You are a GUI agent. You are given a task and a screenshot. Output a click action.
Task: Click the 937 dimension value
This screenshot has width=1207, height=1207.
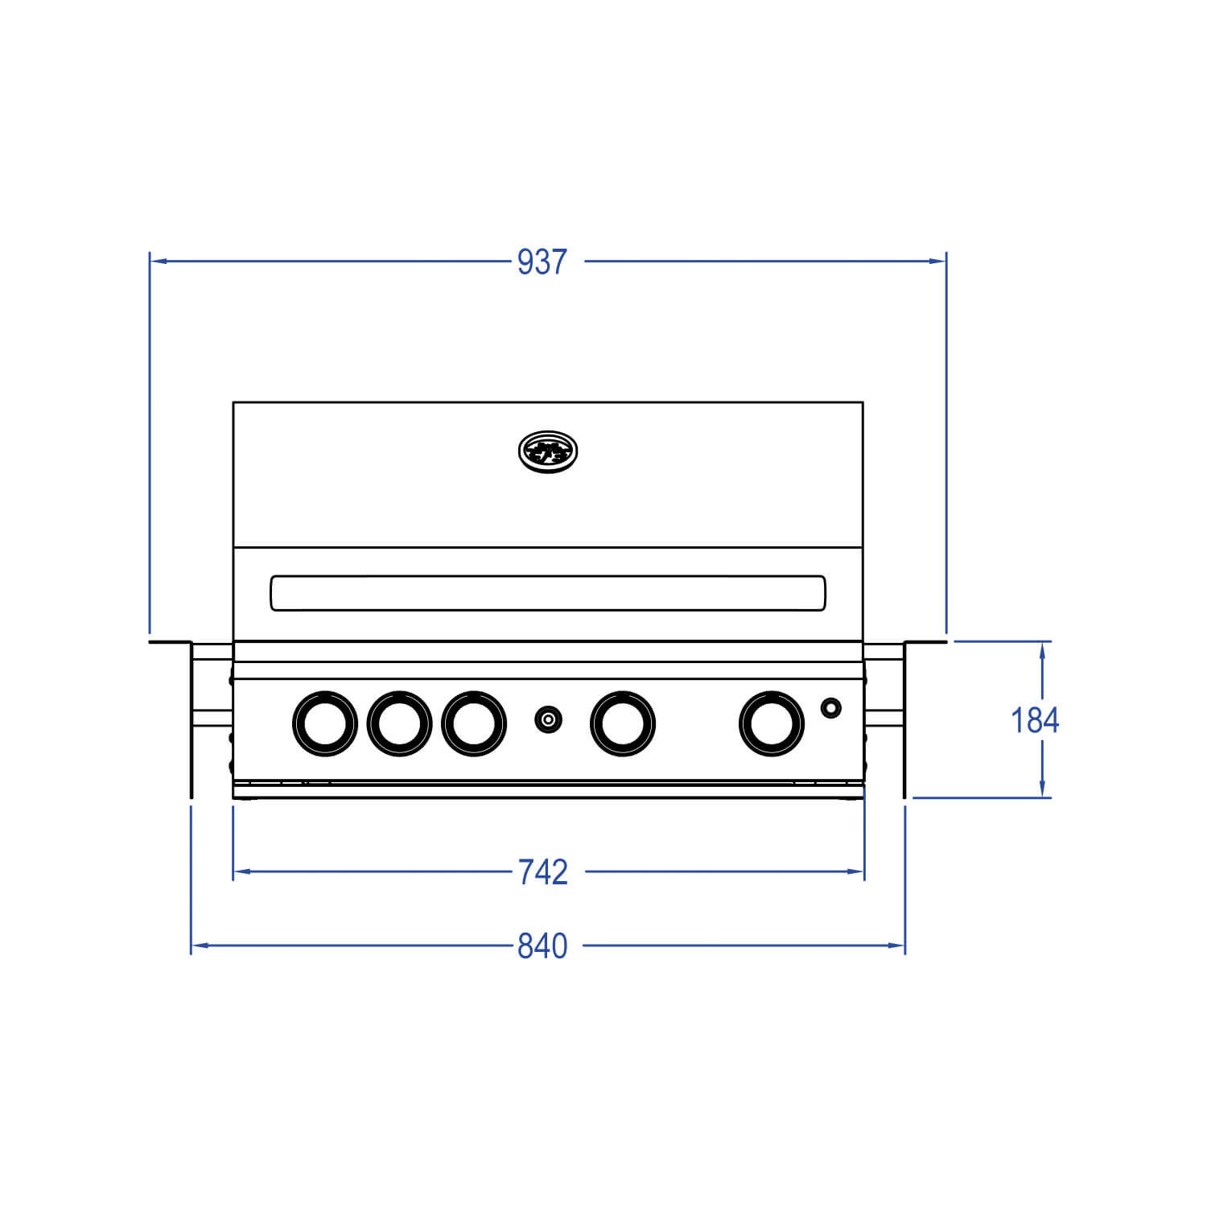coord(542,262)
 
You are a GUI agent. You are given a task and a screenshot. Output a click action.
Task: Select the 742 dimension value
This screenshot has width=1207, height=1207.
coord(542,872)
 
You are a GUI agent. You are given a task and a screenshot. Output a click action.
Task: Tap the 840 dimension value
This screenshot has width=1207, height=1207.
coord(542,946)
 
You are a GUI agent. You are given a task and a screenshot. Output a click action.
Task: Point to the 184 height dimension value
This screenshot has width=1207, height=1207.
coord(1035,720)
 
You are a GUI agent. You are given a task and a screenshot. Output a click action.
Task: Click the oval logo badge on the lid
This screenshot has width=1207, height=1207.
coord(549,451)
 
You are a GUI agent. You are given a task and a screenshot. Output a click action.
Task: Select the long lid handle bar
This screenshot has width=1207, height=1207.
coord(548,593)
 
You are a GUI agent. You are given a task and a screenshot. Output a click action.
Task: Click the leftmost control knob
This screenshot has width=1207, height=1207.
coord(324,723)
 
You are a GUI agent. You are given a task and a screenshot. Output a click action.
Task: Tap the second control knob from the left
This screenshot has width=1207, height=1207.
coord(399,723)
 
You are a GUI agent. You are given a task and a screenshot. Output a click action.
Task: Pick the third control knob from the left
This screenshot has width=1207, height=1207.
coord(474,723)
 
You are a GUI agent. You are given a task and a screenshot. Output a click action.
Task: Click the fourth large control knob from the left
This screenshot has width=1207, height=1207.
coord(623,723)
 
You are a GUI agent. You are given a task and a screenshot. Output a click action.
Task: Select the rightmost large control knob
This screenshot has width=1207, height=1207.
coord(772,723)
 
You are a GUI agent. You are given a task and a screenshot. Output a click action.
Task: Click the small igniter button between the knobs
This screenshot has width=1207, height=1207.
coord(548,719)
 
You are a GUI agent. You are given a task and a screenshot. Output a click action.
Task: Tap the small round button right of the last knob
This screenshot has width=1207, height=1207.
coord(831,708)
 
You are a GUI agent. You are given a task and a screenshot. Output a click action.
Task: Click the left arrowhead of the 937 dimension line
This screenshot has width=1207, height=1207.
coord(158,261)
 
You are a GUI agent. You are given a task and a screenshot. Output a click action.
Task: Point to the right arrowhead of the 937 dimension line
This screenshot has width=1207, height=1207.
coord(938,261)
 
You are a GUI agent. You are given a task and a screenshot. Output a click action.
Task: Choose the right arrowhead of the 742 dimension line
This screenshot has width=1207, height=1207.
coord(856,871)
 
